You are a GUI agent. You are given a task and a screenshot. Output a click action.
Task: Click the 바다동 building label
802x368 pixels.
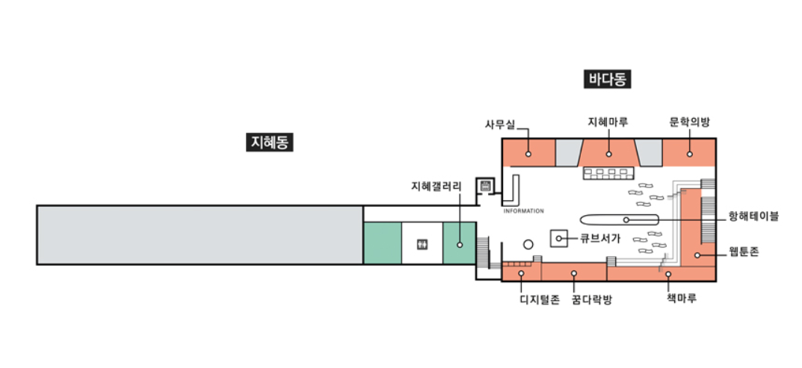point(606,79)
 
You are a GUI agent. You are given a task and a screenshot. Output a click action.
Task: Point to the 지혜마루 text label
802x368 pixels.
point(608,121)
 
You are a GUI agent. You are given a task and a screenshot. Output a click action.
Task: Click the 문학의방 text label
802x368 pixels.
point(689,121)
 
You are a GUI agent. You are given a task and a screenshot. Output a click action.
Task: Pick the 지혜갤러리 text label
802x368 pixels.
point(437,185)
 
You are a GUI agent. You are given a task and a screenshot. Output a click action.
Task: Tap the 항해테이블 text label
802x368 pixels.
point(753,216)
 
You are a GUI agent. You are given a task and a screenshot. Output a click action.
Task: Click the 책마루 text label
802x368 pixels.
point(682,298)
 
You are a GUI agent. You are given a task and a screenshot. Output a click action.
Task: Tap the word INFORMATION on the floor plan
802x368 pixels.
point(523,211)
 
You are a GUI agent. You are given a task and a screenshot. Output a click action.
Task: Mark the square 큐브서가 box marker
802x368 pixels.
point(559,238)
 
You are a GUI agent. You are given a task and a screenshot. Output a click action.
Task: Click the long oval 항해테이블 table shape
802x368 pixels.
point(619,219)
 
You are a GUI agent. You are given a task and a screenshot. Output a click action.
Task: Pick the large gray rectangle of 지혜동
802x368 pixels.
point(200,234)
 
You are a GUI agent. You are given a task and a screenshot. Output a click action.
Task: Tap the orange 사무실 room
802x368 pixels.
point(528,152)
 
